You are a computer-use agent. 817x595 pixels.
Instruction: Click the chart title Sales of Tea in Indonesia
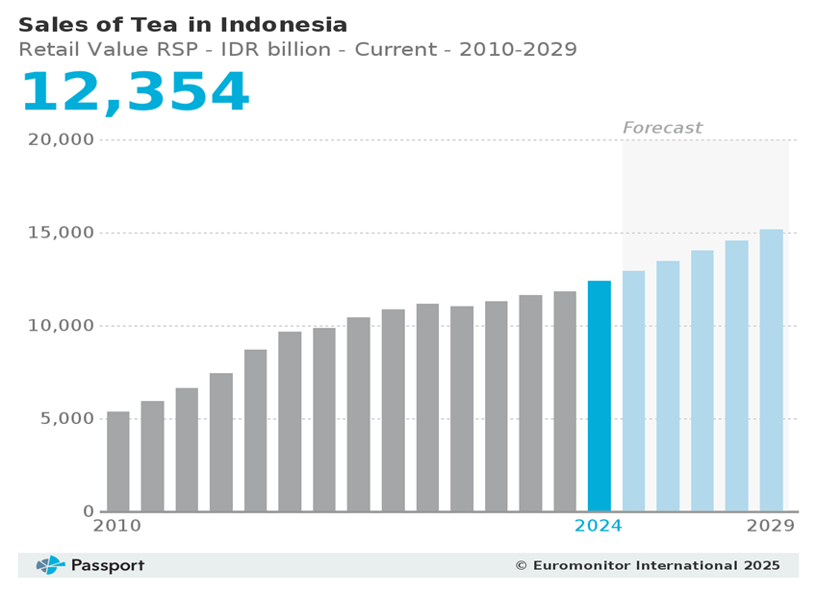[183, 25]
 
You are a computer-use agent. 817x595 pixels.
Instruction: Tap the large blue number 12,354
[135, 93]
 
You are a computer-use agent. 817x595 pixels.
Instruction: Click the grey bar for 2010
[117, 461]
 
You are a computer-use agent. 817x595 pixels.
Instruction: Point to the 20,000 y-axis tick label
[61, 140]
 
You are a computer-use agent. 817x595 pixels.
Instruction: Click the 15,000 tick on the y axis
[61, 234]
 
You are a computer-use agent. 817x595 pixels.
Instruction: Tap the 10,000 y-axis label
[61, 326]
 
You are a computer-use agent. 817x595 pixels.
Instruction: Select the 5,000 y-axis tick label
[66, 419]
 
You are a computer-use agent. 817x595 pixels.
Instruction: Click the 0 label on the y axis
[89, 511]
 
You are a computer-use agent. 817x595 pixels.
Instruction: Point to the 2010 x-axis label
[116, 527]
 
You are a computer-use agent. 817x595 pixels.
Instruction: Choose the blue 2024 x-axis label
[598, 527]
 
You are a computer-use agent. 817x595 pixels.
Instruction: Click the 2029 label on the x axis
[771, 527]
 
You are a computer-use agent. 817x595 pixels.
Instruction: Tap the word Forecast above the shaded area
[662, 128]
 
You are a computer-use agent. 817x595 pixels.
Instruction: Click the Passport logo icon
[50, 565]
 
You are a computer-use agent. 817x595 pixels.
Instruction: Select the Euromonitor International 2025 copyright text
[648, 565]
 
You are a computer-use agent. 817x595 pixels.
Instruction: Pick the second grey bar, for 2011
[152, 456]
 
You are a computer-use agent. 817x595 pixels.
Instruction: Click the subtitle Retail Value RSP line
[297, 50]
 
